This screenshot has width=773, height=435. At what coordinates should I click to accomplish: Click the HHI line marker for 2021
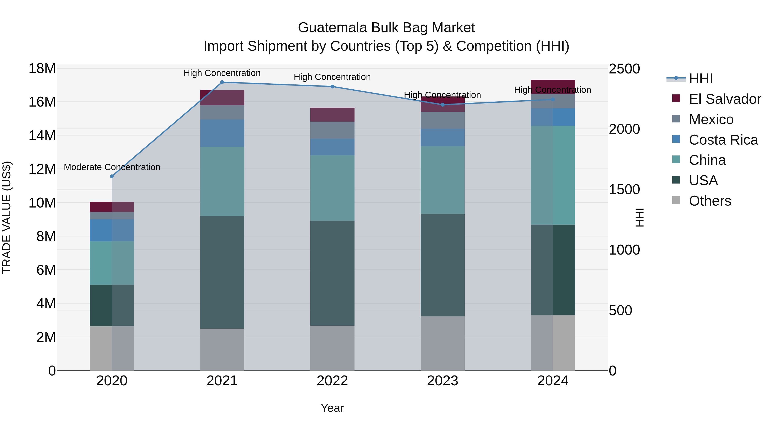(222, 82)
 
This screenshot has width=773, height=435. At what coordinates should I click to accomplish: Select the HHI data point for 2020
(112, 176)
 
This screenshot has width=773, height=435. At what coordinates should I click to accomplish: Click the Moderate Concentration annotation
(112, 167)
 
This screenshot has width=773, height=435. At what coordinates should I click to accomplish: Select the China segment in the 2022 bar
(332, 188)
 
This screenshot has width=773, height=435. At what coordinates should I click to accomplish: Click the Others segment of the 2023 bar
(443, 343)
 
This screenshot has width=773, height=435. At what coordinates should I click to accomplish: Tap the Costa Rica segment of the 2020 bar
(112, 230)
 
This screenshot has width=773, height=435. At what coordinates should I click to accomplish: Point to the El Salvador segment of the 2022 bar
(332, 114)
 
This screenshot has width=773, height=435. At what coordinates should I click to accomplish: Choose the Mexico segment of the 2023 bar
(443, 120)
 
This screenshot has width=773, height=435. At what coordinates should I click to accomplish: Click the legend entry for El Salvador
(725, 99)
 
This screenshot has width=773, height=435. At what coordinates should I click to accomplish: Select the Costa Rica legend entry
(723, 140)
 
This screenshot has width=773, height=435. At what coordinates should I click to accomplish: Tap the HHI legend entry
(701, 79)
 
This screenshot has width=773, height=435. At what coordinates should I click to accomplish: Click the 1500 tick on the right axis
(624, 190)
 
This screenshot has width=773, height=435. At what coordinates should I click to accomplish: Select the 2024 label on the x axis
(553, 381)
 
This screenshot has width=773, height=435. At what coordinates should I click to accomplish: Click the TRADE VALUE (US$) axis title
(7, 217)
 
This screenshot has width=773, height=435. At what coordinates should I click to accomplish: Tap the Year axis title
(332, 408)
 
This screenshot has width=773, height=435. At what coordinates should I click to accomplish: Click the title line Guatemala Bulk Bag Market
(386, 28)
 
